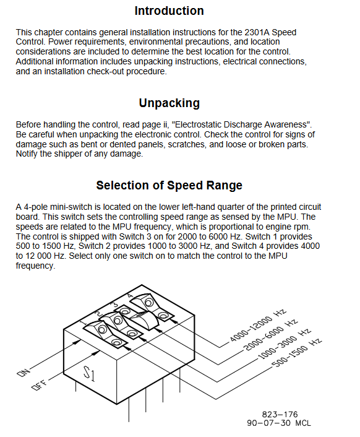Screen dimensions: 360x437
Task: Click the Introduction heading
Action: pyautogui.click(x=169, y=11)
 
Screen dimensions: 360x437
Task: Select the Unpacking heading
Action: pyautogui.click(x=169, y=103)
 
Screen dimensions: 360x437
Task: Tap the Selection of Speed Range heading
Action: pyautogui.click(x=169, y=185)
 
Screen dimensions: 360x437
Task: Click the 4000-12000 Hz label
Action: pyautogui.click(x=258, y=325)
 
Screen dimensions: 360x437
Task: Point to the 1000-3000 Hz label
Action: pyautogui.click(x=284, y=345)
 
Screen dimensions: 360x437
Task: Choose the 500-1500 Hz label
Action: pyautogui.click(x=297, y=353)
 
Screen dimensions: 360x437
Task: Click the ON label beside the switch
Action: pyautogui.click(x=23, y=373)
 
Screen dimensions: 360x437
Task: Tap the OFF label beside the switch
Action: pyautogui.click(x=39, y=385)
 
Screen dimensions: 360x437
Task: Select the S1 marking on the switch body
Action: pyautogui.click(x=89, y=373)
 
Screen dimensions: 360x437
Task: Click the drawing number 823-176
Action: pyautogui.click(x=280, y=415)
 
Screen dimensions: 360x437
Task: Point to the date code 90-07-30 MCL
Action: pyautogui.click(x=279, y=423)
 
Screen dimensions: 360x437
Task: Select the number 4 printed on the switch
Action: pyautogui.click(x=130, y=295)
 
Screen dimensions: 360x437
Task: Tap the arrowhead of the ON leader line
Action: pyautogui.click(x=78, y=342)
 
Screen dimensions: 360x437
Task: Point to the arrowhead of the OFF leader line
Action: pyautogui.click(x=96, y=353)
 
